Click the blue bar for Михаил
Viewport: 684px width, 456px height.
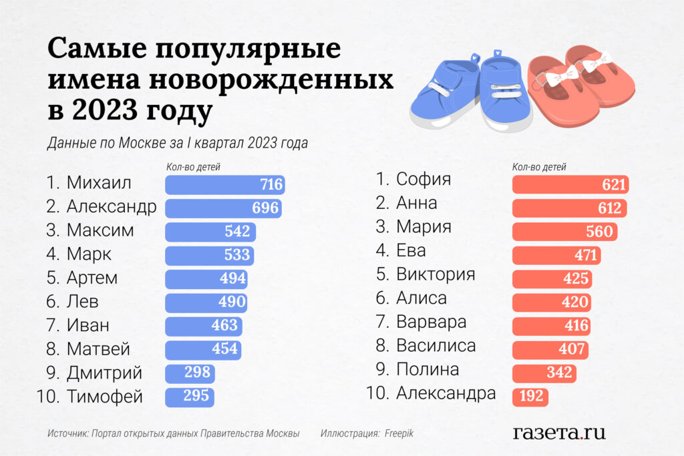click(x=224, y=185)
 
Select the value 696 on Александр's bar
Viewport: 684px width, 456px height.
click(x=265, y=208)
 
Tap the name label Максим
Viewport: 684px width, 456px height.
click(x=100, y=231)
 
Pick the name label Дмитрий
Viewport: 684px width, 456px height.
click(x=104, y=373)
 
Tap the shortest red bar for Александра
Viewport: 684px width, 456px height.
click(x=530, y=397)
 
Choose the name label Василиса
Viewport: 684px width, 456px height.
click(x=436, y=346)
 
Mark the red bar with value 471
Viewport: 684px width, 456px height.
click(x=556, y=255)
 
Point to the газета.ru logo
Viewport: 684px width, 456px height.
click(x=559, y=432)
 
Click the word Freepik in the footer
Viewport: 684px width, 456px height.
click(x=399, y=433)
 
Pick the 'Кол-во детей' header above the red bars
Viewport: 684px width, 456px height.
click(x=539, y=168)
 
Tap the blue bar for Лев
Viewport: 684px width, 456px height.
click(x=206, y=302)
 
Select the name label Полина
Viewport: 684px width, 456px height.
click(x=427, y=370)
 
